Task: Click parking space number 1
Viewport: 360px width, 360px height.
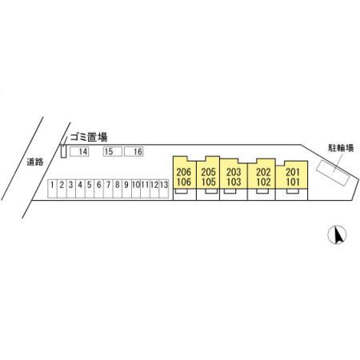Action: pos(53,189)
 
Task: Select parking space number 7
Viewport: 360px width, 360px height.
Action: pos(108,189)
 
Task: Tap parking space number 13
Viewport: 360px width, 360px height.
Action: pos(164,189)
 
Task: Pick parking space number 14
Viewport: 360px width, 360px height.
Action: pos(79,151)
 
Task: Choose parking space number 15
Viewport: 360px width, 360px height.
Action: pos(113,151)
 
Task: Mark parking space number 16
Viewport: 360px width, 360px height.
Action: pos(134,151)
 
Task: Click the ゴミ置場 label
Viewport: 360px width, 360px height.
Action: pos(89,138)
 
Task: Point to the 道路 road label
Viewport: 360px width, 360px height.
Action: pos(35,162)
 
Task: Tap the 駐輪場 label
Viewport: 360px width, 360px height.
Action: pos(341,148)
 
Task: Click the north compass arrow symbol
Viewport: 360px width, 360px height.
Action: pos(337,234)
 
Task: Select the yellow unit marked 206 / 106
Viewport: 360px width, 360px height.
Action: pos(185,173)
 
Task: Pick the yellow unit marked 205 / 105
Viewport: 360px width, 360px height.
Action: pos(208,173)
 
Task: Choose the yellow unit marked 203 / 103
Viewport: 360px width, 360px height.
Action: pos(234,174)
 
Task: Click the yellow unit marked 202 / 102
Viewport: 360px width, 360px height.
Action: pos(262,174)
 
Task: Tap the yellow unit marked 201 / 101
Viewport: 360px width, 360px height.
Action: pos(292,174)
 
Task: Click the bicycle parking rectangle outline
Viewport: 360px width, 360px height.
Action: pos(333,173)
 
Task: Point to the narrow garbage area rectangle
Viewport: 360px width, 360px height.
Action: pos(63,151)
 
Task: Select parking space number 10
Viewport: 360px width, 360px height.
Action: pos(136,189)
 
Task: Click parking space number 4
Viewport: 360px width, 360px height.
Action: pos(80,189)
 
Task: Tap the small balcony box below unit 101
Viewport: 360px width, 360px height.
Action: pos(293,191)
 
